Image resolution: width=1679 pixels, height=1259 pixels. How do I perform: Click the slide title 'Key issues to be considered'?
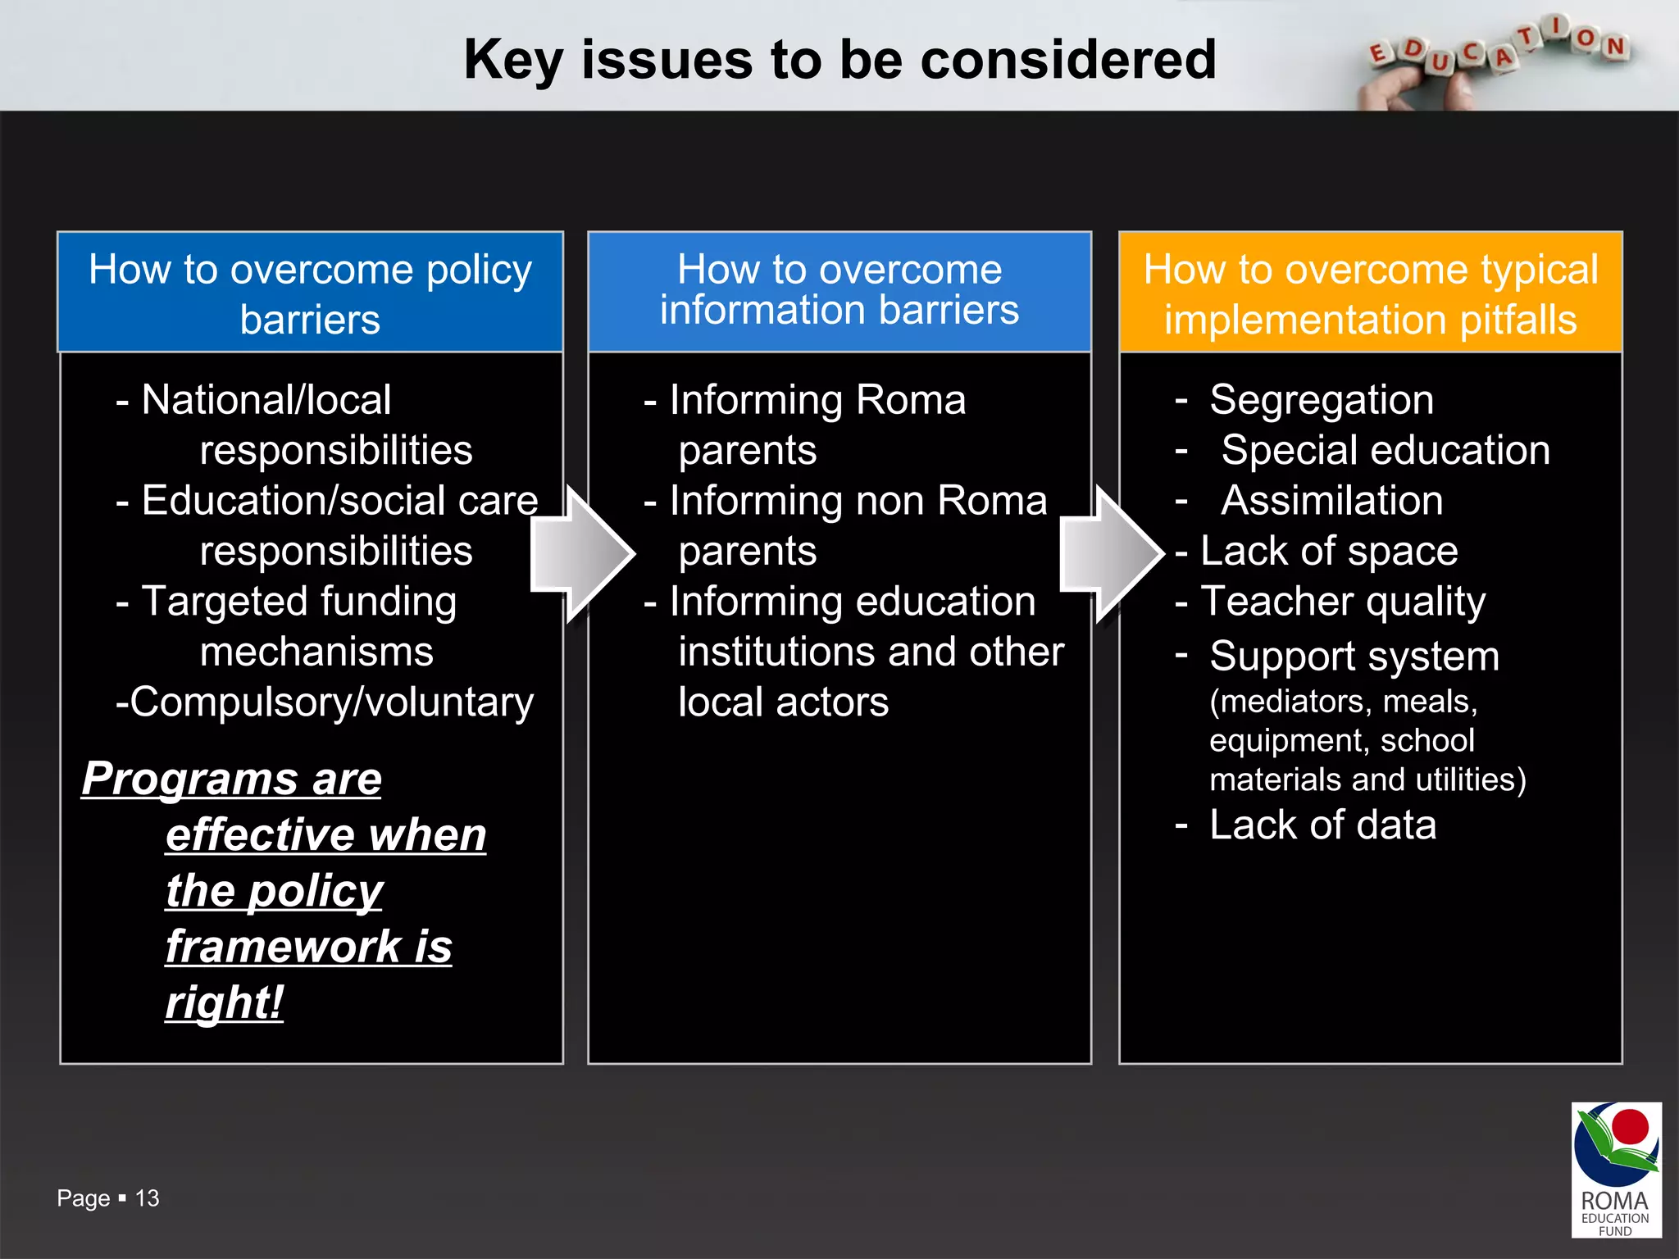[839, 60]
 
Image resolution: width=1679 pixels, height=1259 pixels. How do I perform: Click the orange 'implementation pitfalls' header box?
[1370, 293]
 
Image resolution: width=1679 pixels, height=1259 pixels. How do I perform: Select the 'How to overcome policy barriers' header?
[310, 293]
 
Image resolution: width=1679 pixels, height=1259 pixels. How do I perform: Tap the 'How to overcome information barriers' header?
[839, 291]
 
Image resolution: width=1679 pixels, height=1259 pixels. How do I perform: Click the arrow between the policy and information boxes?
[583, 554]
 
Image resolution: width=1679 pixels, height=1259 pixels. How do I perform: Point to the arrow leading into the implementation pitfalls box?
[1112, 554]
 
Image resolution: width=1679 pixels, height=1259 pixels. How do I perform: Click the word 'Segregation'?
[1322, 400]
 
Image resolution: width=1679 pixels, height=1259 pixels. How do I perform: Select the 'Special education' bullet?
[1385, 450]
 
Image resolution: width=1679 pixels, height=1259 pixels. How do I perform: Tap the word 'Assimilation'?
[1332, 501]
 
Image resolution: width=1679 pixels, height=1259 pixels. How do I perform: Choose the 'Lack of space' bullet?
[1328, 551]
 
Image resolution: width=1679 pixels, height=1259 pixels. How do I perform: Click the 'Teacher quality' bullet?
[1342, 602]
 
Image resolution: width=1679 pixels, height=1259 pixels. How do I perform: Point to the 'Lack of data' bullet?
[1322, 825]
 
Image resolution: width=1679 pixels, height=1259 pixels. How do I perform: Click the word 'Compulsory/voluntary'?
[331, 702]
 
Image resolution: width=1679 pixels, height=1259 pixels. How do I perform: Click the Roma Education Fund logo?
[1616, 1169]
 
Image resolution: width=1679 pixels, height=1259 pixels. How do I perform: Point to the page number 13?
[148, 1198]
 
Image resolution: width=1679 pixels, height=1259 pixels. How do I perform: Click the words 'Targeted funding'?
[299, 602]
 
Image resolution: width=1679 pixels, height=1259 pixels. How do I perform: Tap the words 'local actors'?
[783, 702]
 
